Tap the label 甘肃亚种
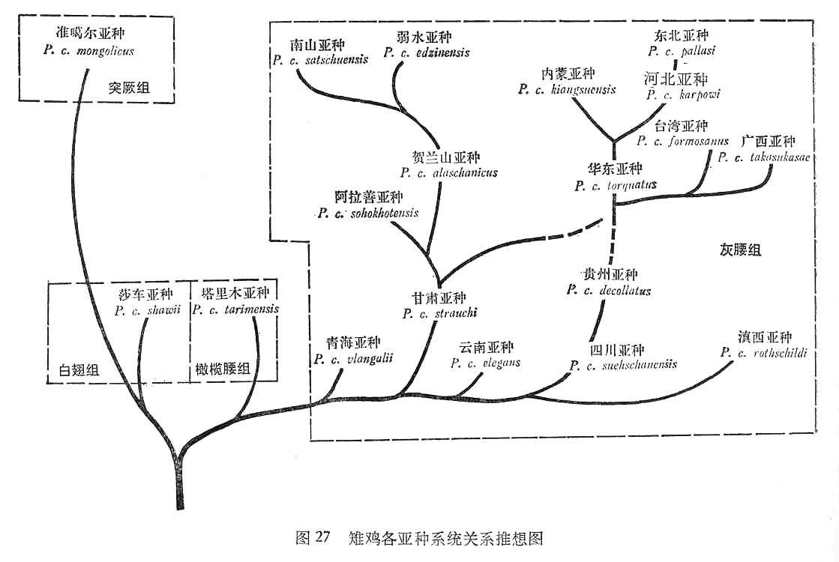(x=439, y=298)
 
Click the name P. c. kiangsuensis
(x=568, y=89)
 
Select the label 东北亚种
(x=681, y=35)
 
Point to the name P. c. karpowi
(x=683, y=94)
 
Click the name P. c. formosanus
(x=682, y=141)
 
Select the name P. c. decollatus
(x=609, y=291)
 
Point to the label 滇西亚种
(x=764, y=337)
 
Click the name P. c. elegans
(x=486, y=363)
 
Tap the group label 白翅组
(x=79, y=369)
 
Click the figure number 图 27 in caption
(x=313, y=538)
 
